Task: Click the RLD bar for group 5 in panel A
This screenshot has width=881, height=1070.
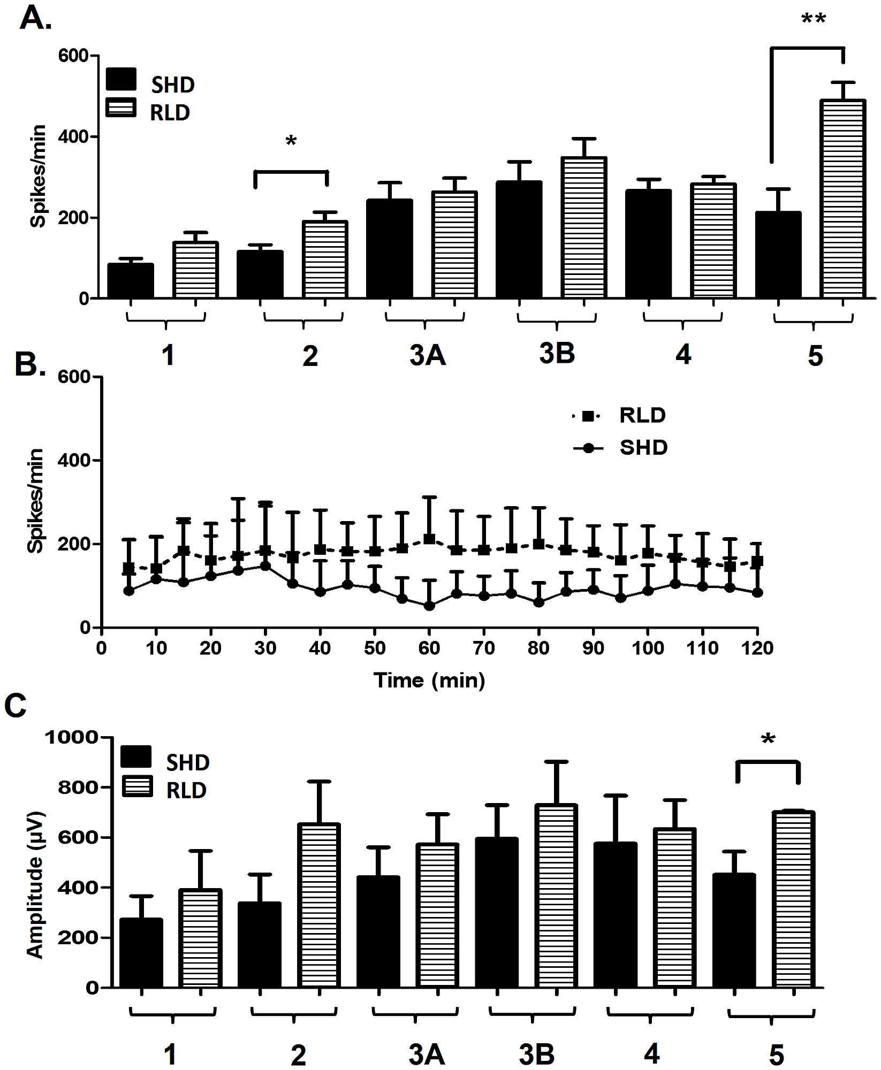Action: (x=842, y=198)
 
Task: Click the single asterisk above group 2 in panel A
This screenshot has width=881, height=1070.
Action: (x=291, y=142)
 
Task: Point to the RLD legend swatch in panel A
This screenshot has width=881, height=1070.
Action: (x=121, y=107)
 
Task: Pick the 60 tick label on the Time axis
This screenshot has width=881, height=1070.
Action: (x=429, y=648)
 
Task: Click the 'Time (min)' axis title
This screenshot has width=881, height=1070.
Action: (x=429, y=680)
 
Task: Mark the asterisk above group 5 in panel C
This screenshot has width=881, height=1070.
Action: (x=768, y=740)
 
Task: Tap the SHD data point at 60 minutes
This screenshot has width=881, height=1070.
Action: (x=429, y=606)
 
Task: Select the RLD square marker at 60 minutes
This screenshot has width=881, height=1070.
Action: (x=429, y=539)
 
